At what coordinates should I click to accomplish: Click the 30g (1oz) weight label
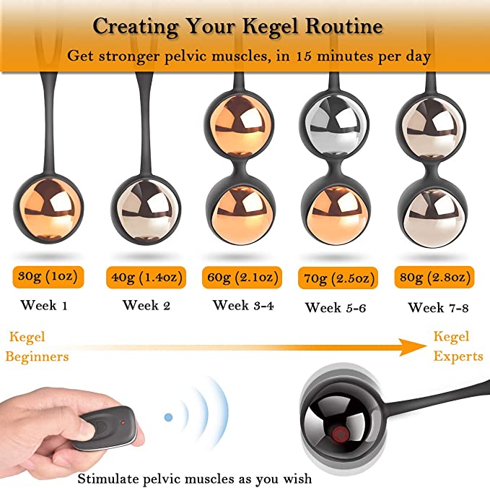(x=48, y=277)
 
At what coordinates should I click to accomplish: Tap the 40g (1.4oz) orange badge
(x=146, y=278)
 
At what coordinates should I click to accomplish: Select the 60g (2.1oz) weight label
(x=242, y=278)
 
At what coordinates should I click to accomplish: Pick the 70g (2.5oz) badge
(x=338, y=278)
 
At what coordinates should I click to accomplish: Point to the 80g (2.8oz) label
(x=434, y=278)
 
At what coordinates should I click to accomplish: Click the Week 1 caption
(x=44, y=305)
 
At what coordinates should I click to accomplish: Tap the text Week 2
(x=146, y=305)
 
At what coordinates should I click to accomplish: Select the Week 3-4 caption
(x=243, y=305)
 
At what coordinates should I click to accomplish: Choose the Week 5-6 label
(x=336, y=308)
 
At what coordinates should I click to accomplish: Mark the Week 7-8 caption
(x=439, y=308)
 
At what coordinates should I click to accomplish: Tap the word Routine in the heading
(x=344, y=26)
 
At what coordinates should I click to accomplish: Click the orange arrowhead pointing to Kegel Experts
(x=413, y=347)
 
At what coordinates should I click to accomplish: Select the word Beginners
(x=37, y=357)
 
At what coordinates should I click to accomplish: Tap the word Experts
(x=458, y=357)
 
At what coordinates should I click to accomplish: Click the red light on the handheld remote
(x=123, y=423)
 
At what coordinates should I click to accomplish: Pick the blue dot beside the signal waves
(x=168, y=417)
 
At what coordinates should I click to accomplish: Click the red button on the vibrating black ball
(x=339, y=435)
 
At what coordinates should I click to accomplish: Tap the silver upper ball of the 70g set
(x=333, y=125)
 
